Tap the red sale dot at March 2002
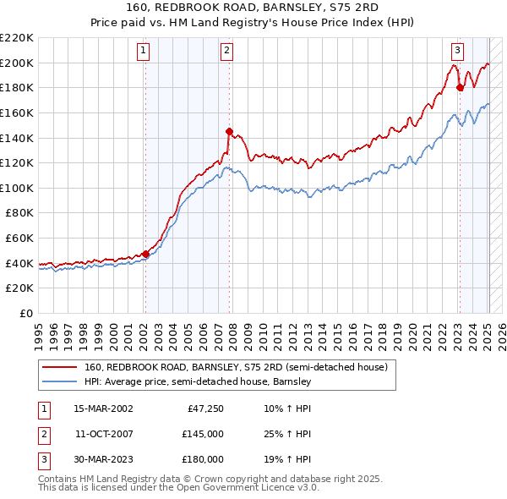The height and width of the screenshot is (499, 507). tap(145, 253)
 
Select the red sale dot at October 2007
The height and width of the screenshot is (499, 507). tap(229, 131)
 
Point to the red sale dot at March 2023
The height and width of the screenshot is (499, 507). tap(460, 87)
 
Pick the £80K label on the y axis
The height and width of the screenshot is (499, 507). tap(19, 213)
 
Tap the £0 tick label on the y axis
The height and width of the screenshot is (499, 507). tap(26, 313)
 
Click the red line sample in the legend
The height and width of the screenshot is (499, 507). tap(59, 368)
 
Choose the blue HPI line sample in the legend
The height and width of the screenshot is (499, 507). tap(59, 382)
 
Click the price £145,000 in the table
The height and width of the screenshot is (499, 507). tap(202, 434)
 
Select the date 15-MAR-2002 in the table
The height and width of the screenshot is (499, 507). tap(103, 409)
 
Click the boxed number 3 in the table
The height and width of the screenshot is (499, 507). tap(43, 459)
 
